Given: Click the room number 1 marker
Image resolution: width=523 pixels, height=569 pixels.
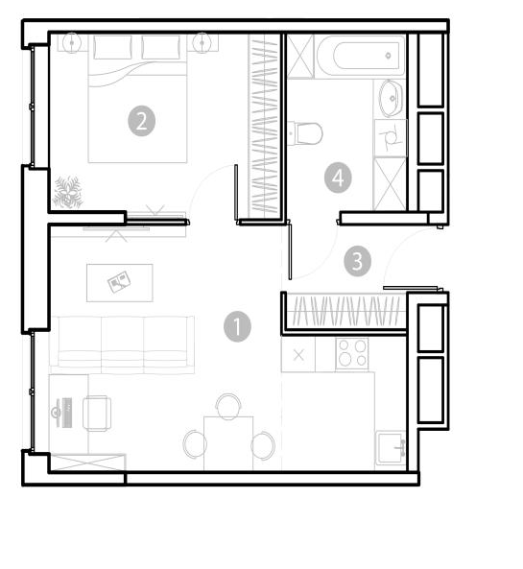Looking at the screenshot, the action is click(237, 326).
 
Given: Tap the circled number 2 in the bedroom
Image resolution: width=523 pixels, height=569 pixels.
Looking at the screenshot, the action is click(142, 121).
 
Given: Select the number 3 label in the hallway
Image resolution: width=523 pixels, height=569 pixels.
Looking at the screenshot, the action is click(358, 261).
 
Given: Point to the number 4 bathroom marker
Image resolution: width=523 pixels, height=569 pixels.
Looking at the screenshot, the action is click(338, 178).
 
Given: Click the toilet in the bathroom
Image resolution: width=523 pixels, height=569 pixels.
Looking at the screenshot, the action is click(304, 133).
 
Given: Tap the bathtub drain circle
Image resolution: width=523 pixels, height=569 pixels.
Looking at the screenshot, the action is click(389, 56).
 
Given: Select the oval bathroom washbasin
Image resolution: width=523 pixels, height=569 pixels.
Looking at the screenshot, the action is click(391, 98).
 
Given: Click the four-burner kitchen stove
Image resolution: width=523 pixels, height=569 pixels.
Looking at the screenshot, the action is click(351, 353).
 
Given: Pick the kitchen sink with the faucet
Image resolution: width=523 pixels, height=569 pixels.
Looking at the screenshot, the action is click(391, 448).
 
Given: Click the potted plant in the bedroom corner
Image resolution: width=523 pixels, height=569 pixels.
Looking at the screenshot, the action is click(68, 192).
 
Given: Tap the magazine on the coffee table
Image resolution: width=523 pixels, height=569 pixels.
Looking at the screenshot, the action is click(119, 281).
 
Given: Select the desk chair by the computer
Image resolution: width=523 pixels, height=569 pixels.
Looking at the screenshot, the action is click(97, 414).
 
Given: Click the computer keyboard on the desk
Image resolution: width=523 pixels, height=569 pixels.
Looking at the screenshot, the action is click(67, 413).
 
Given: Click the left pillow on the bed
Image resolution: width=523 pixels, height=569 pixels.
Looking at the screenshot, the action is click(112, 47).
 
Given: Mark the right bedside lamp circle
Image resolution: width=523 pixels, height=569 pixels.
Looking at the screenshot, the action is click(202, 43).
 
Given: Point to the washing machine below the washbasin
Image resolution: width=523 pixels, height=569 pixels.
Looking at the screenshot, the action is click(390, 138).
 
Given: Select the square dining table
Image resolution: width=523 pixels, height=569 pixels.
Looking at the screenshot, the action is click(228, 443).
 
